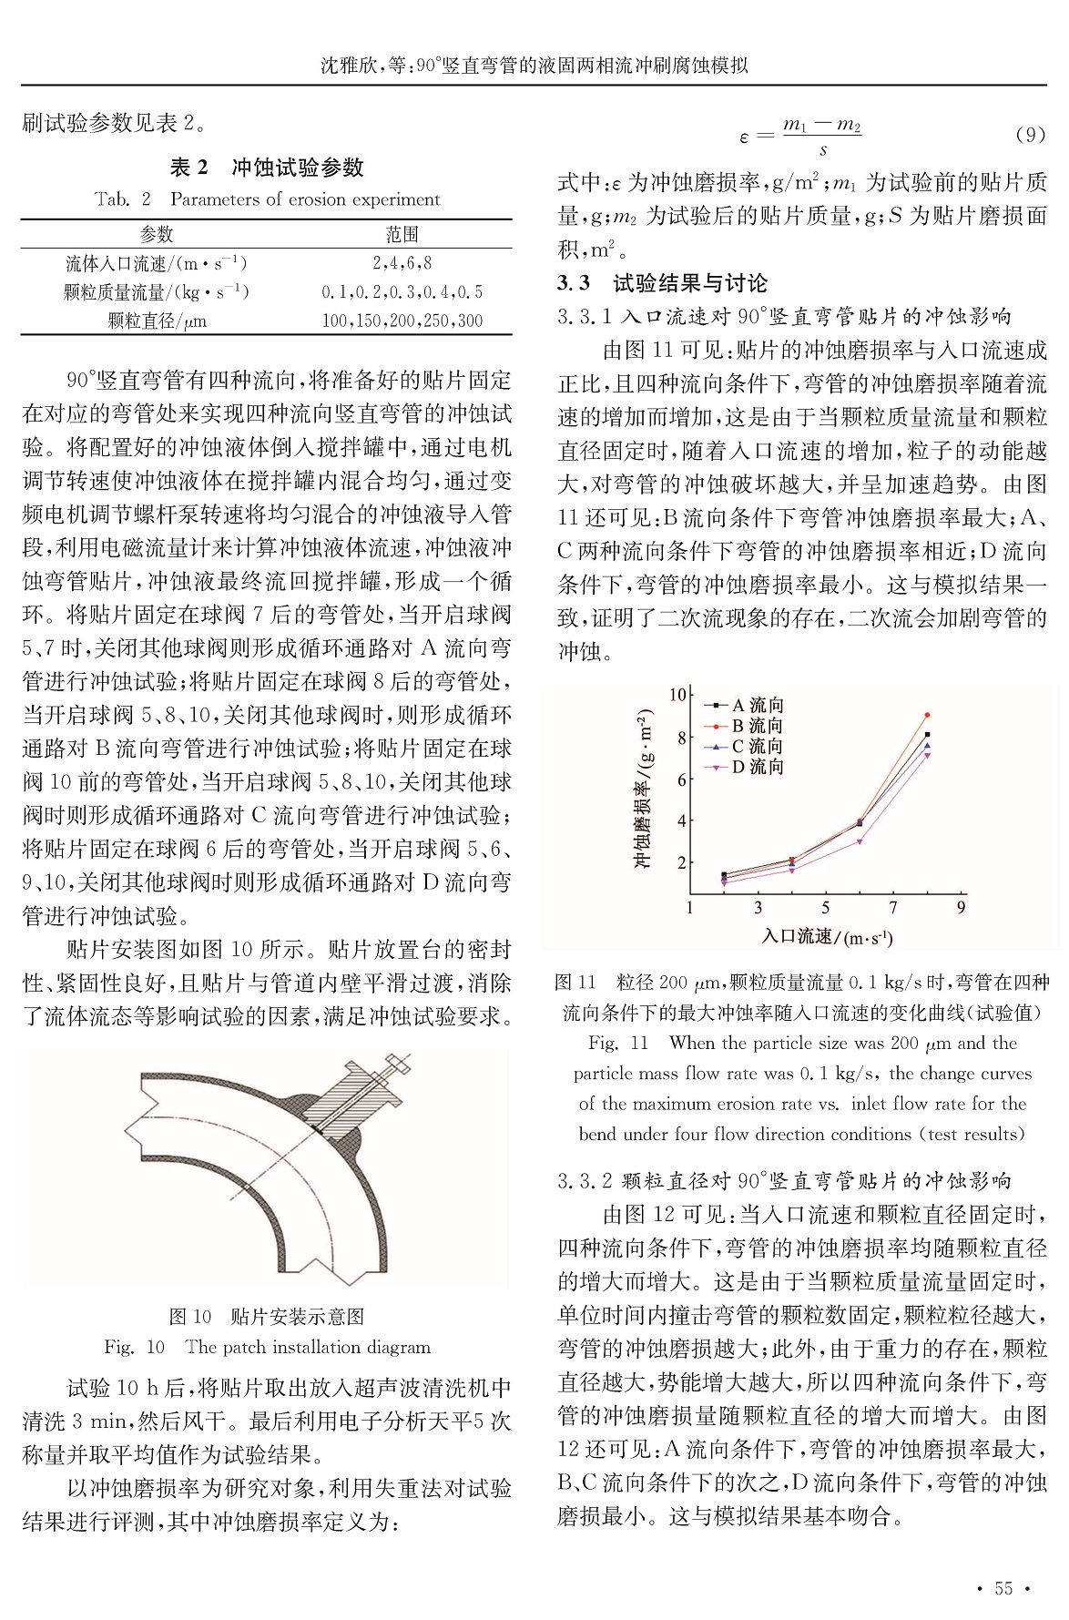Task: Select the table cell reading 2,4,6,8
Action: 402,263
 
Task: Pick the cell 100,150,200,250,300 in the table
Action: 402,321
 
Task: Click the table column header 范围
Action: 402,234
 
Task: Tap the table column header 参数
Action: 157,234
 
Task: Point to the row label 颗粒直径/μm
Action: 157,321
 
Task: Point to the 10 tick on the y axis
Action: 677,696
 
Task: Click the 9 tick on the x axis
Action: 961,907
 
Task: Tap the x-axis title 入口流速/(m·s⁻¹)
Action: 827,936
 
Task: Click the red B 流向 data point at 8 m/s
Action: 927,715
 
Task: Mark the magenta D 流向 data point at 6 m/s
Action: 860,841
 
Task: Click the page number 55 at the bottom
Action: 1003,1587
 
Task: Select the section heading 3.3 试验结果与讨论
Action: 662,283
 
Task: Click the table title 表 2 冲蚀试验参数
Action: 266,168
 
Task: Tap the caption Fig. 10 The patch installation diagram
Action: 267,1347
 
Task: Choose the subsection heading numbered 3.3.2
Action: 784,1181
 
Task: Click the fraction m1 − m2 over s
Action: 822,136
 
